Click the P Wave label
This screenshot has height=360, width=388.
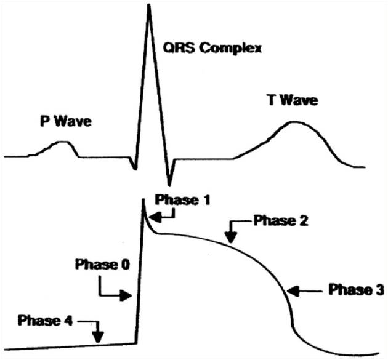click(66, 121)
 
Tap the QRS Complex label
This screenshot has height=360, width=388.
click(212, 48)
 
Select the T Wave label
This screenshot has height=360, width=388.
click(293, 100)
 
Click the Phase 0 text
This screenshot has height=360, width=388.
click(102, 265)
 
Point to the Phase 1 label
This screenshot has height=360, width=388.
click(183, 200)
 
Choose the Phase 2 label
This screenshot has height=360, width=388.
click(281, 220)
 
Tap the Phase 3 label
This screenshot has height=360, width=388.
click(357, 289)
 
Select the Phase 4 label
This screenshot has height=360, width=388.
click(45, 321)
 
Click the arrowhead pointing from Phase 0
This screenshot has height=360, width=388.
click(126, 295)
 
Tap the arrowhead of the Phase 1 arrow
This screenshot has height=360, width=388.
click(155, 218)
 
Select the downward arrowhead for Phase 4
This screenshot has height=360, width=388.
click(99, 337)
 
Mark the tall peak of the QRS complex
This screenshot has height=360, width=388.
click(148, 5)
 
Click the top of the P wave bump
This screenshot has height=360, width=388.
click(63, 142)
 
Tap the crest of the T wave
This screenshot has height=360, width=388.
click(294, 122)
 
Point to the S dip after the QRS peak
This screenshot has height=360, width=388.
click(169, 185)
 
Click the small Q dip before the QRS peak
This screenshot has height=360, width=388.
click(135, 169)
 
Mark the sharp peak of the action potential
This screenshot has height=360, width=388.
click(143, 199)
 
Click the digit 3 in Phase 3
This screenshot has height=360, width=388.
click(380, 289)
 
